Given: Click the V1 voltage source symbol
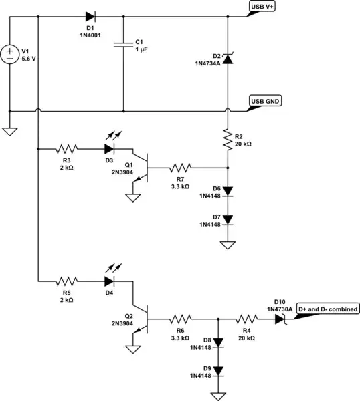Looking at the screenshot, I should point(9,54).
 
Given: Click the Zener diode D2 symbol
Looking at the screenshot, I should point(228,59).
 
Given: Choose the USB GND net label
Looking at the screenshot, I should point(265,102).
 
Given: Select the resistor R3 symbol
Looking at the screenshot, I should point(68,149).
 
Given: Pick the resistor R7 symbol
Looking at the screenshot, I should point(181,168).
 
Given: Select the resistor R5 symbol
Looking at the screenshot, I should point(68,281).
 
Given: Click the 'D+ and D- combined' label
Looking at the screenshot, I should point(327,309).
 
